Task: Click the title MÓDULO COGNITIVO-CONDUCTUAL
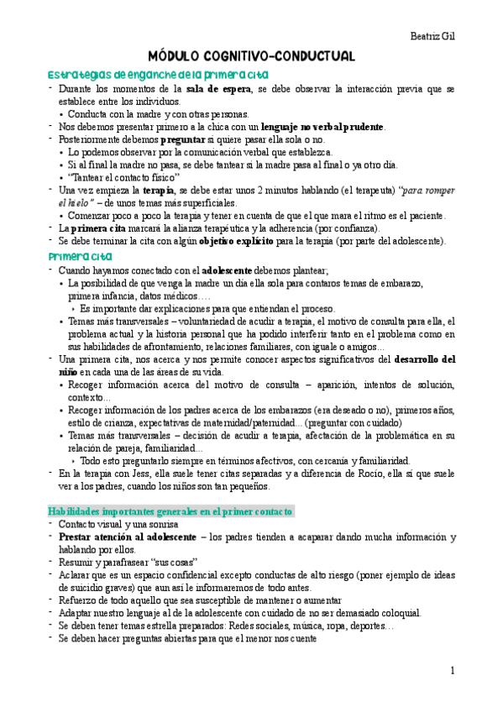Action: click(x=252, y=56)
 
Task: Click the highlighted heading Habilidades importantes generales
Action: click(x=170, y=510)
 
